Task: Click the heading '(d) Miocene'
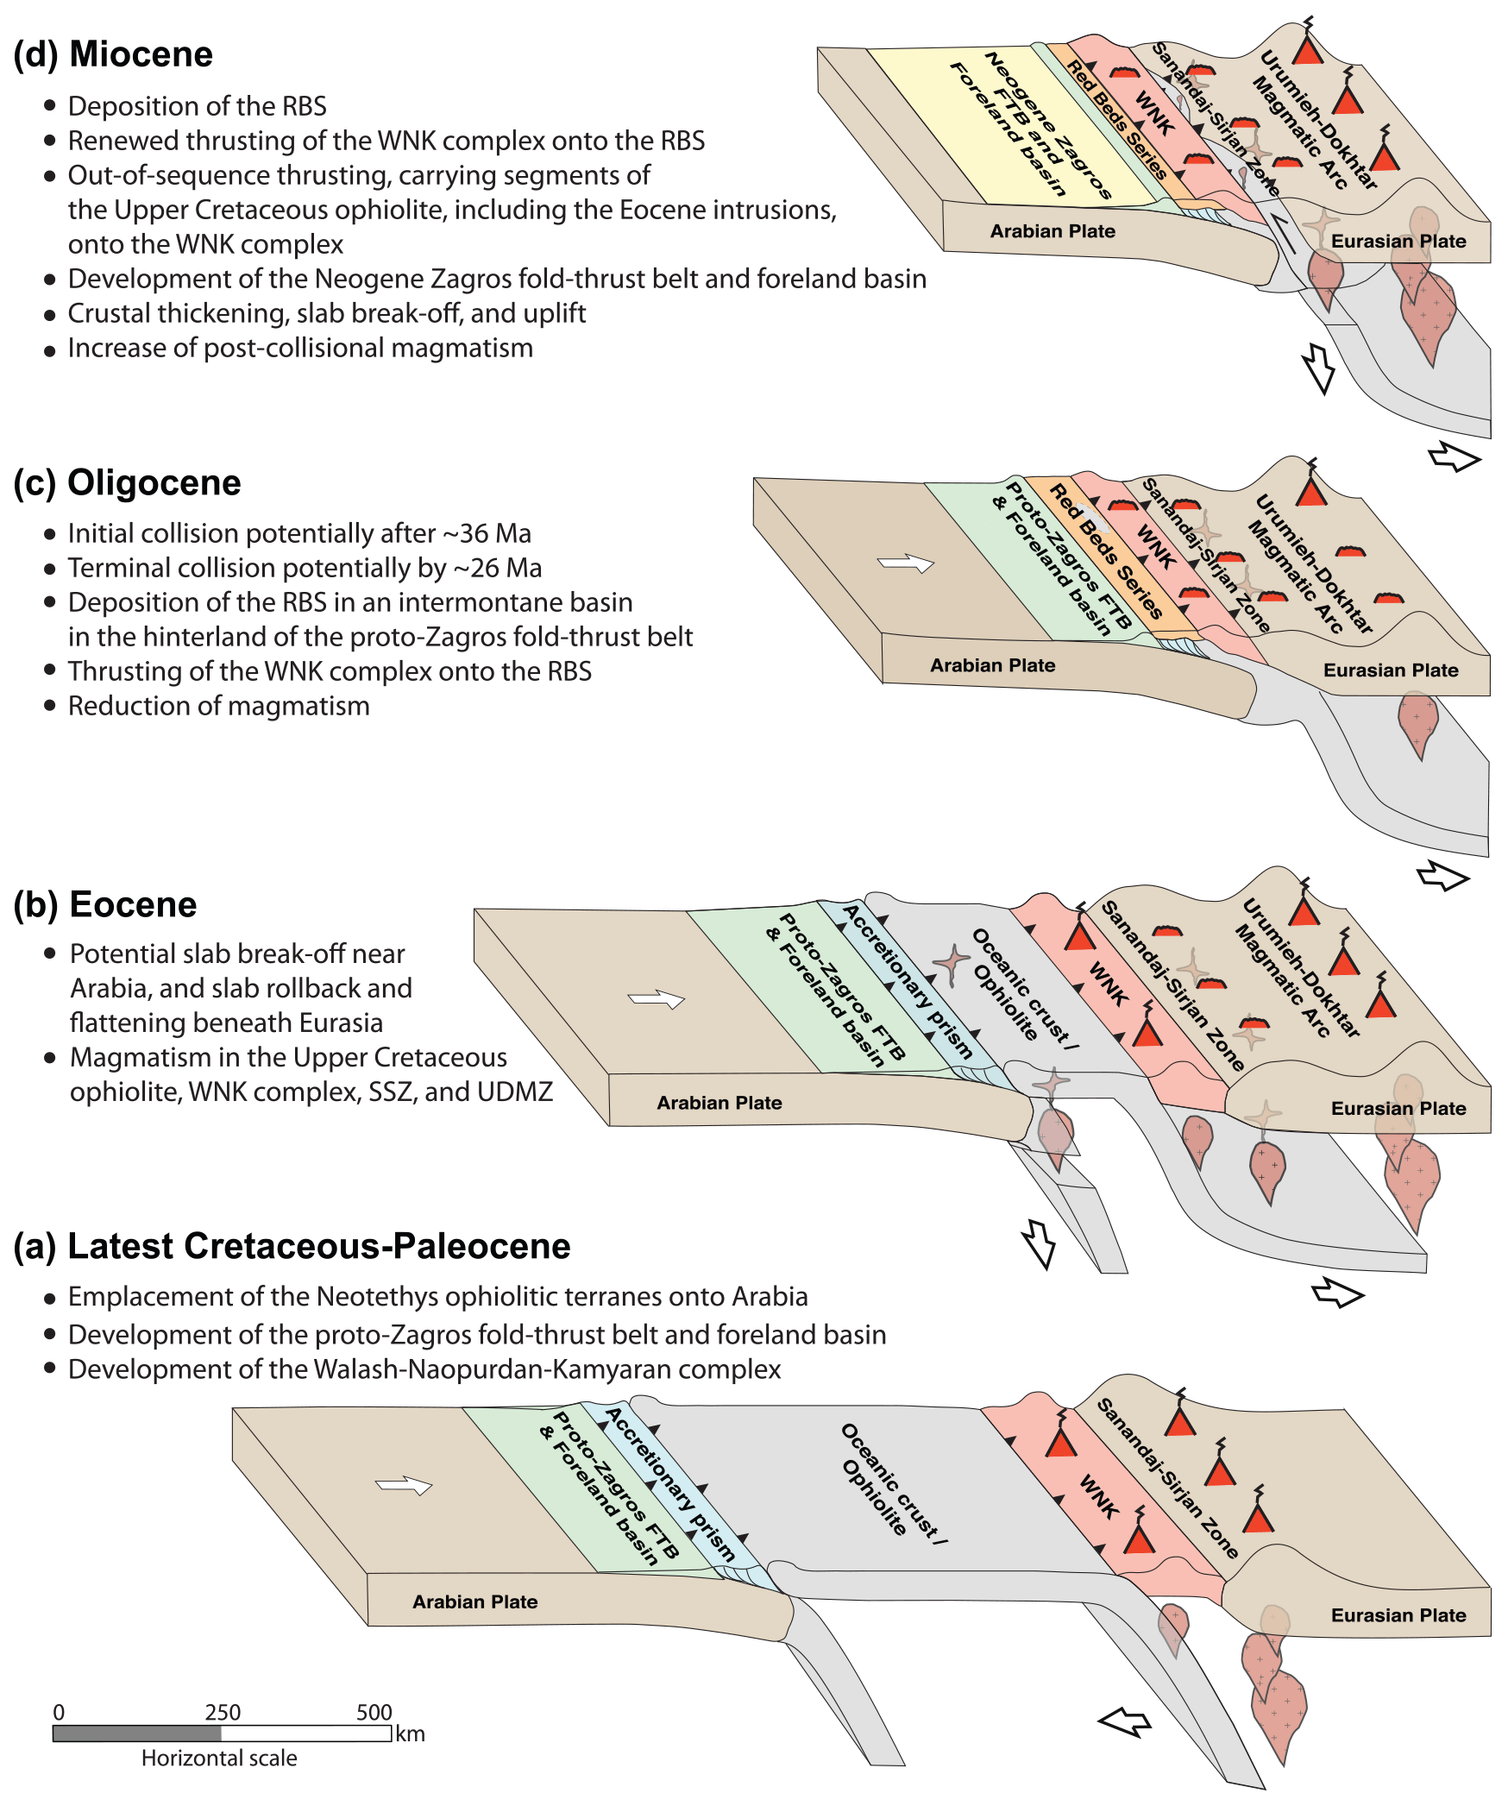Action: pyautogui.click(x=113, y=54)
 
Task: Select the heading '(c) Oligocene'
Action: pyautogui.click(x=127, y=482)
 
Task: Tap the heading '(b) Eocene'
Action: pyautogui.click(x=105, y=904)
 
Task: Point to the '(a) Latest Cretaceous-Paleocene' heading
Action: pyautogui.click(x=292, y=1246)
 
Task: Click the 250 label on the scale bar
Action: pyautogui.click(x=223, y=1712)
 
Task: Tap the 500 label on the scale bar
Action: pyautogui.click(x=374, y=1712)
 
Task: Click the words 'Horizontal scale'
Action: pyautogui.click(x=219, y=1758)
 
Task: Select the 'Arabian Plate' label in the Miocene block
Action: pyautogui.click(x=1052, y=231)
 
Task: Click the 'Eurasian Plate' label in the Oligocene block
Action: pyautogui.click(x=1391, y=670)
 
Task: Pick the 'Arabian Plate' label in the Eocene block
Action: pyautogui.click(x=719, y=1103)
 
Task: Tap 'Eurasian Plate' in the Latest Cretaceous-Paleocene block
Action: pyautogui.click(x=1398, y=1615)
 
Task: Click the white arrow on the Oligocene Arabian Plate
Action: pyautogui.click(x=906, y=563)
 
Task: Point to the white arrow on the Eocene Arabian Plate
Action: pyautogui.click(x=657, y=1000)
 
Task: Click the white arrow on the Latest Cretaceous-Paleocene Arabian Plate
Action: pyautogui.click(x=404, y=1486)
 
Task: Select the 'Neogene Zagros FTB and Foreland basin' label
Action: pyautogui.click(x=1031, y=126)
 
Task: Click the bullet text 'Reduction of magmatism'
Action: pyautogui.click(x=218, y=706)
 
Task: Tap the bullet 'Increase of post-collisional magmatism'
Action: pyautogui.click(x=300, y=348)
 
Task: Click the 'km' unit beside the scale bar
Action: pyautogui.click(x=411, y=1734)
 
